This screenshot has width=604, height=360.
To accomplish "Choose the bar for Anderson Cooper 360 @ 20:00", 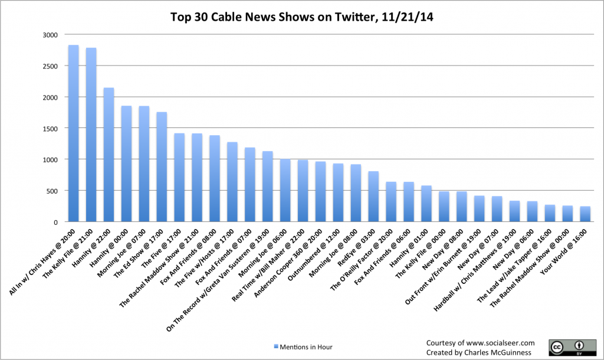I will point(320,192).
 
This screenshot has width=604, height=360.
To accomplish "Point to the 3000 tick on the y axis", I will point(50,35).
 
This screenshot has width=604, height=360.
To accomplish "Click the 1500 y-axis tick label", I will point(50,128).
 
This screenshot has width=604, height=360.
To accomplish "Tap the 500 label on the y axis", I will point(52,191).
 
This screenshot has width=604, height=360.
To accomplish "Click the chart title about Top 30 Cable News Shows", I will point(302,17).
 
